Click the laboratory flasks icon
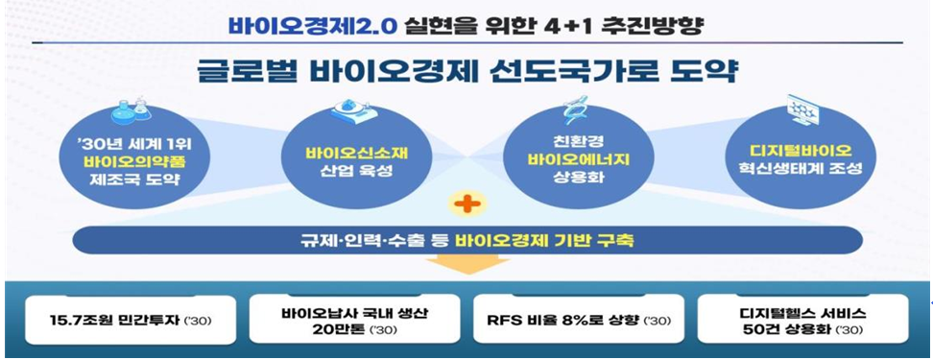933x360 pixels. pyautogui.click(x=131, y=110)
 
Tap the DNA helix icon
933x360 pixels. pyautogui.click(x=574, y=108)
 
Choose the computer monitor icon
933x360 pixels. pyautogui.click(x=802, y=110)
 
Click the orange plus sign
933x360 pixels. pyautogui.click(x=467, y=204)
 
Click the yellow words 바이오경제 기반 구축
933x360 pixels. pyautogui.click(x=544, y=241)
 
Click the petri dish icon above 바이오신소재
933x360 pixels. pyautogui.click(x=356, y=110)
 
